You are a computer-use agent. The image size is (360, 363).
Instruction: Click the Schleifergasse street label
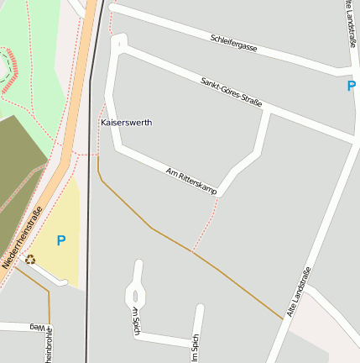tap(234, 43)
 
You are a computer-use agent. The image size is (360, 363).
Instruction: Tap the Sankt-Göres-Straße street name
tap(232, 92)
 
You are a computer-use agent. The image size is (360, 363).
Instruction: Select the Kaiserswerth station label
tap(126, 123)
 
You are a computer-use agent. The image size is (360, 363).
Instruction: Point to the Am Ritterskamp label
tap(191, 181)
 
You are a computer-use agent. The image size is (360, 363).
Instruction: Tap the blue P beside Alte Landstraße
tap(352, 86)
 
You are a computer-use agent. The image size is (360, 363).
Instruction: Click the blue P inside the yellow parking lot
tap(60, 241)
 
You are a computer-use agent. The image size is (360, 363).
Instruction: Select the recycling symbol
tap(30, 260)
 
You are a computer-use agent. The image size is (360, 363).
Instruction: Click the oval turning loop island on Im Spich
tap(134, 295)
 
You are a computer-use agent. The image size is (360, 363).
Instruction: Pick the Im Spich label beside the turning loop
tap(135, 322)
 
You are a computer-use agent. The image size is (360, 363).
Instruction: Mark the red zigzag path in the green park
tap(10, 67)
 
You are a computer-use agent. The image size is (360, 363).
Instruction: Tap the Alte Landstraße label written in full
tap(299, 292)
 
